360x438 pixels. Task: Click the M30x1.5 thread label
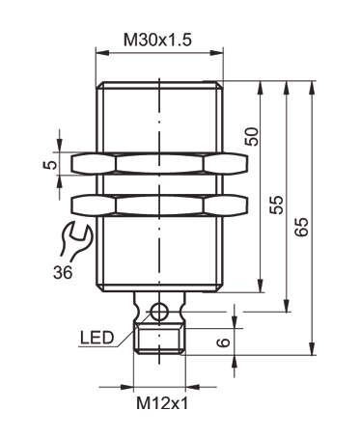[x=160, y=41]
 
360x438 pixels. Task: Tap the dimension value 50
[x=253, y=136]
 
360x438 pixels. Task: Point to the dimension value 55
[x=277, y=205]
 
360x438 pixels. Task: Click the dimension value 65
[x=302, y=228]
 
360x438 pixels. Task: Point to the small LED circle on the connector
[x=160, y=311]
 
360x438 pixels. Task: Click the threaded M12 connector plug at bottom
[x=160, y=341]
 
